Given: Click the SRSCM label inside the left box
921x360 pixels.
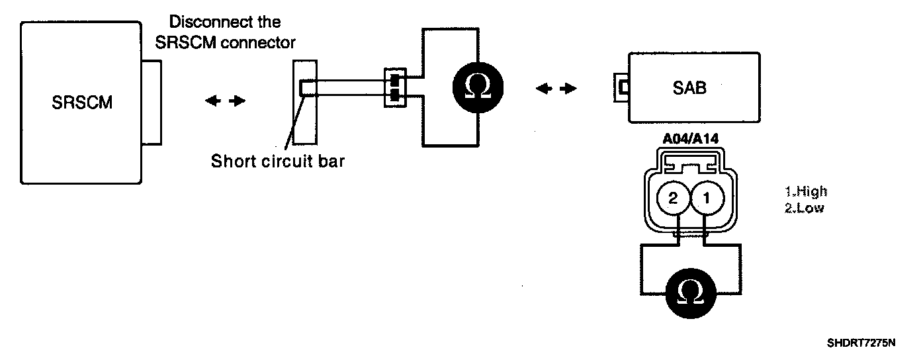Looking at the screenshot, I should pyautogui.click(x=82, y=103).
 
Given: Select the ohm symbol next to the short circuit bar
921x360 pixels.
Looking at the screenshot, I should pyautogui.click(x=477, y=87).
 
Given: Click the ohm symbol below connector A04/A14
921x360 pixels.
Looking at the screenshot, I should pyautogui.click(x=691, y=292).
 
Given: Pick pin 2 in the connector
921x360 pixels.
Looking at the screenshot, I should pyautogui.click(x=674, y=197).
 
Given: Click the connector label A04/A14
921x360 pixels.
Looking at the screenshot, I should pyautogui.click(x=691, y=140).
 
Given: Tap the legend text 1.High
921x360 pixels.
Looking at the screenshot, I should pyautogui.click(x=806, y=192).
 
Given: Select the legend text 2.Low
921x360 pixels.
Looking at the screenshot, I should pyautogui.click(x=804, y=207).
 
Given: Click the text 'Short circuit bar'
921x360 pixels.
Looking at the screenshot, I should pyautogui.click(x=278, y=161).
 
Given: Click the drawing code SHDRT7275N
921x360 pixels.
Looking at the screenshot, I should pyautogui.click(x=860, y=343).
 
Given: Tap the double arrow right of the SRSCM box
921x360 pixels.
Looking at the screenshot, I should pyautogui.click(x=225, y=101).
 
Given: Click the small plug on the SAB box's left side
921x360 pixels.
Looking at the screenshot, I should pyautogui.click(x=621, y=87).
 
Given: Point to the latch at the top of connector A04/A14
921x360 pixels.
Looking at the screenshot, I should pyautogui.click(x=691, y=159).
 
